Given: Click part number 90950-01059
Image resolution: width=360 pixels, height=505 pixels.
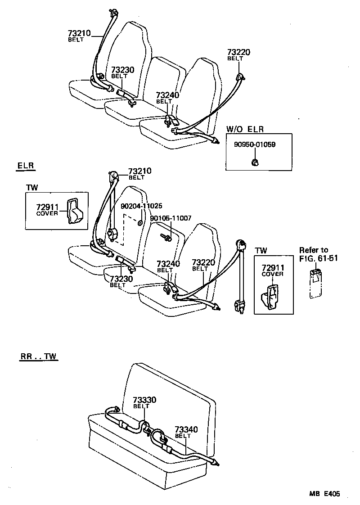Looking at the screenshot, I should [254, 145].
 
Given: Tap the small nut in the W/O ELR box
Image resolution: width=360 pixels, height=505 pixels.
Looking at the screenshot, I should [254, 162].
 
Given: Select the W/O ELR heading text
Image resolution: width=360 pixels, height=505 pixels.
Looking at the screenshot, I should [244, 129].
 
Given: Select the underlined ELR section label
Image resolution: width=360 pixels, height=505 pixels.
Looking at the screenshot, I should [26, 166].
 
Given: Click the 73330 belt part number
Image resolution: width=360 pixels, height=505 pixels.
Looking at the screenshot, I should [144, 400].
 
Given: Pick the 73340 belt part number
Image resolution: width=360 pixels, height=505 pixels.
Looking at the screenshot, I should [186, 430].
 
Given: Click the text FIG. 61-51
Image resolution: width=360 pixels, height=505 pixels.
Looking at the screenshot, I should [318, 258].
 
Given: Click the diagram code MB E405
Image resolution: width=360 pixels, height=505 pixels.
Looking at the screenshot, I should [324, 494].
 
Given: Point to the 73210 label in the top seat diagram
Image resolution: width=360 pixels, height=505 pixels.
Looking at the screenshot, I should [79, 33].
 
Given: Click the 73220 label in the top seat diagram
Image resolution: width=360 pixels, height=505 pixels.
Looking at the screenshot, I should [238, 53].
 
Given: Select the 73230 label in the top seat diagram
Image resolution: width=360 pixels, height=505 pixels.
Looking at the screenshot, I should [122, 70].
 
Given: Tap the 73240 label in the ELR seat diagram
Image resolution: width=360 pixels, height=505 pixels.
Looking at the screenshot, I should [167, 264].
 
